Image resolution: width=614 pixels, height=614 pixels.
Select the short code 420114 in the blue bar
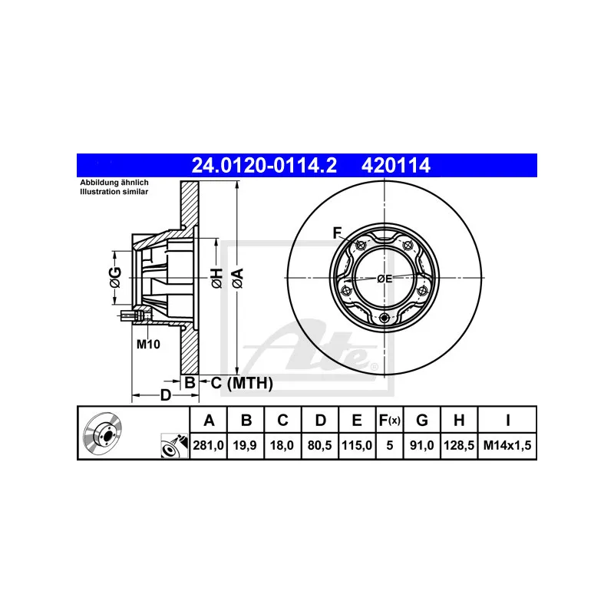click(x=391, y=165)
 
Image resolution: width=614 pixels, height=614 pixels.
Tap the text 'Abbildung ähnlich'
click(x=114, y=183)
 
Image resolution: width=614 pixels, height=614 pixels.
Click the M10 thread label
click(x=147, y=345)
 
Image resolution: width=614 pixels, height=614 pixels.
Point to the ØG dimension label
click(x=115, y=278)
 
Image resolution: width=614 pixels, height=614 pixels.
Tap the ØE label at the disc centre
click(x=385, y=279)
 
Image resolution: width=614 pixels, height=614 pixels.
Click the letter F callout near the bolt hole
click(x=336, y=233)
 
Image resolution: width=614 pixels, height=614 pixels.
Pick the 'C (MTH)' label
click(x=241, y=382)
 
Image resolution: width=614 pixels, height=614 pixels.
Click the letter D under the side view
click(x=165, y=395)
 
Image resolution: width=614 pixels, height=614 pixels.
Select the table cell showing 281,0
click(x=207, y=444)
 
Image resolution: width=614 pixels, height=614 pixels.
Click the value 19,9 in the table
click(x=246, y=444)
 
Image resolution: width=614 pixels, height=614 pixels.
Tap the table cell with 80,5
click(x=321, y=444)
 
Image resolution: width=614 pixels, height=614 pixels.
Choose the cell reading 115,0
click(x=358, y=444)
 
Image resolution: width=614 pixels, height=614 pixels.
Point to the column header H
click(x=458, y=420)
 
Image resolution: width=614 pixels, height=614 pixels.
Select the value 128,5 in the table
click(x=458, y=444)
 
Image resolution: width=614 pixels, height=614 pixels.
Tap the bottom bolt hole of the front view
click(x=385, y=319)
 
